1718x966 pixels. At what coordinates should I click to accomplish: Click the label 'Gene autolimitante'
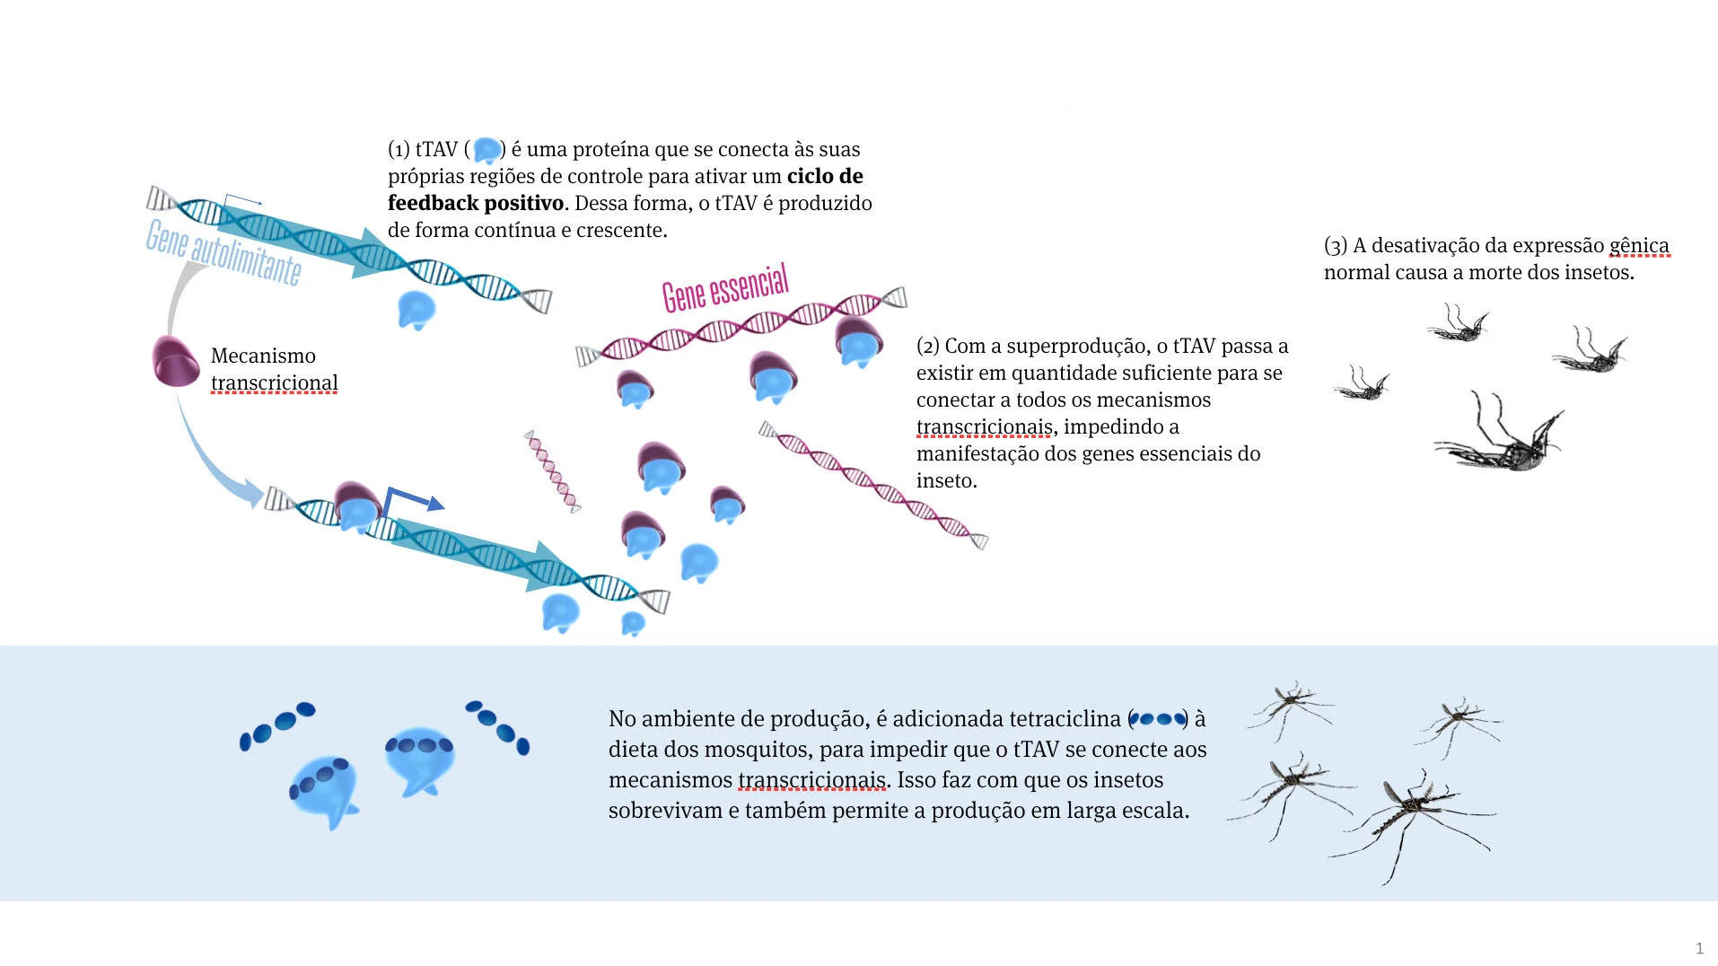pyautogui.click(x=224, y=252)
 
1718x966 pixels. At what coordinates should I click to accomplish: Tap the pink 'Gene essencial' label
pyautogui.click(x=725, y=287)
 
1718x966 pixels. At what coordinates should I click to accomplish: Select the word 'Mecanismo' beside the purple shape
pyautogui.click(x=263, y=356)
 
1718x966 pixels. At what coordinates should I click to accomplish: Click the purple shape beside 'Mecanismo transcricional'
pyautogui.click(x=175, y=361)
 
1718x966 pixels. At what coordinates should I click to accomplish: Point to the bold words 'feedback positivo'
pyautogui.click(x=476, y=203)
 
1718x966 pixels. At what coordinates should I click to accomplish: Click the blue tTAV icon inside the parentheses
pyautogui.click(x=486, y=150)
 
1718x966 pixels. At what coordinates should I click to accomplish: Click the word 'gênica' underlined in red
pyautogui.click(x=1639, y=245)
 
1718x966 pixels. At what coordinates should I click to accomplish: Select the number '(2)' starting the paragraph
pyautogui.click(x=928, y=347)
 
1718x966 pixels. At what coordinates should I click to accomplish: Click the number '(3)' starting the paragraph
pyautogui.click(x=1336, y=246)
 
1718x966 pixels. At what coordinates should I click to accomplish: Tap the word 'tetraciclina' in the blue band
pyautogui.click(x=1065, y=719)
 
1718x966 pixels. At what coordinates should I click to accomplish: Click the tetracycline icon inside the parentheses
pyautogui.click(x=1158, y=719)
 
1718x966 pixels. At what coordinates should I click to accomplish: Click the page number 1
pyautogui.click(x=1699, y=948)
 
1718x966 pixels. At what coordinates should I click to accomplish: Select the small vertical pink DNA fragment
pyautogui.click(x=552, y=471)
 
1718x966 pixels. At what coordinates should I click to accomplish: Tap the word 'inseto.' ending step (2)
pyautogui.click(x=946, y=481)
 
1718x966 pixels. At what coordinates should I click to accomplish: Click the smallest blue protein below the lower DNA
pyautogui.click(x=633, y=623)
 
